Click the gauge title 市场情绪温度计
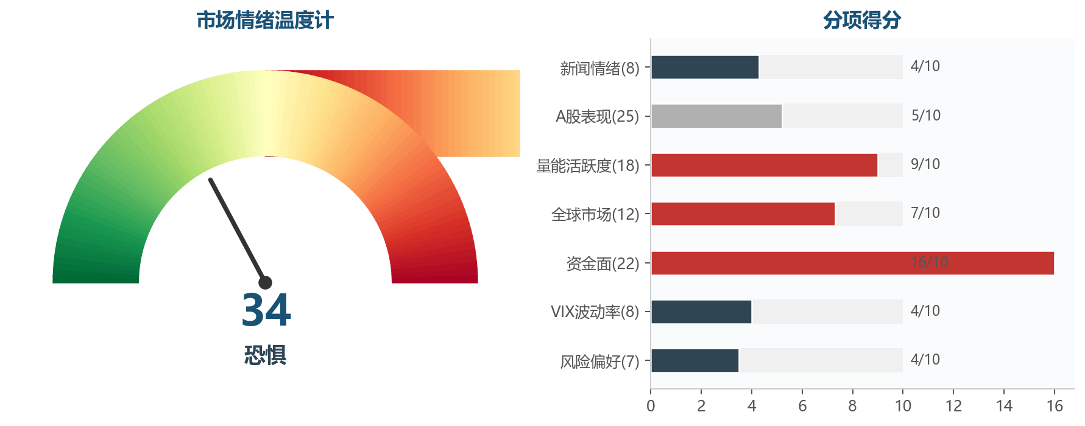(x=265, y=21)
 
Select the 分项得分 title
(x=862, y=21)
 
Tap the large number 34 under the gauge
(x=266, y=310)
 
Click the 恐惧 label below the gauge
(x=265, y=355)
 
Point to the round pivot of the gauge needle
(x=265, y=282)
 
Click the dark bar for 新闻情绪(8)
(x=705, y=67)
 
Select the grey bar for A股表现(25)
(x=716, y=116)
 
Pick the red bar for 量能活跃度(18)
(x=764, y=165)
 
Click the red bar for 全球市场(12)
(x=743, y=214)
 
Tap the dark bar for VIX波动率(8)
(x=701, y=312)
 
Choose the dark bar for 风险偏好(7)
(x=694, y=360)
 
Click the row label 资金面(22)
(x=603, y=264)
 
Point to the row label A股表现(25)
(x=597, y=116)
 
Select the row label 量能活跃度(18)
(x=587, y=166)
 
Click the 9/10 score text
(x=925, y=164)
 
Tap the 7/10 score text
(x=925, y=213)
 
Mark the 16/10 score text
(x=929, y=262)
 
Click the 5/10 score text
(x=925, y=116)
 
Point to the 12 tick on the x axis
(x=953, y=406)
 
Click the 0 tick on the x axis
(x=651, y=406)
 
